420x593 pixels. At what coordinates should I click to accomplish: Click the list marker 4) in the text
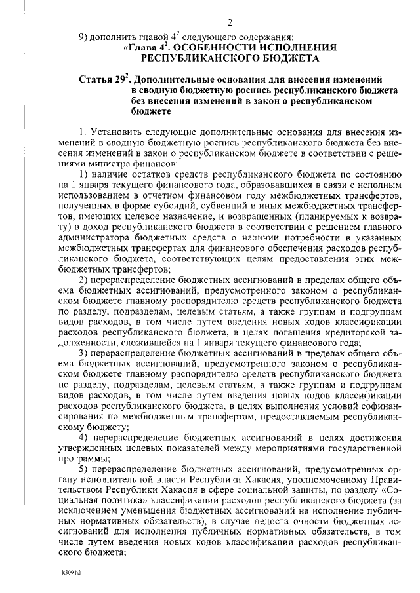[83, 438]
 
